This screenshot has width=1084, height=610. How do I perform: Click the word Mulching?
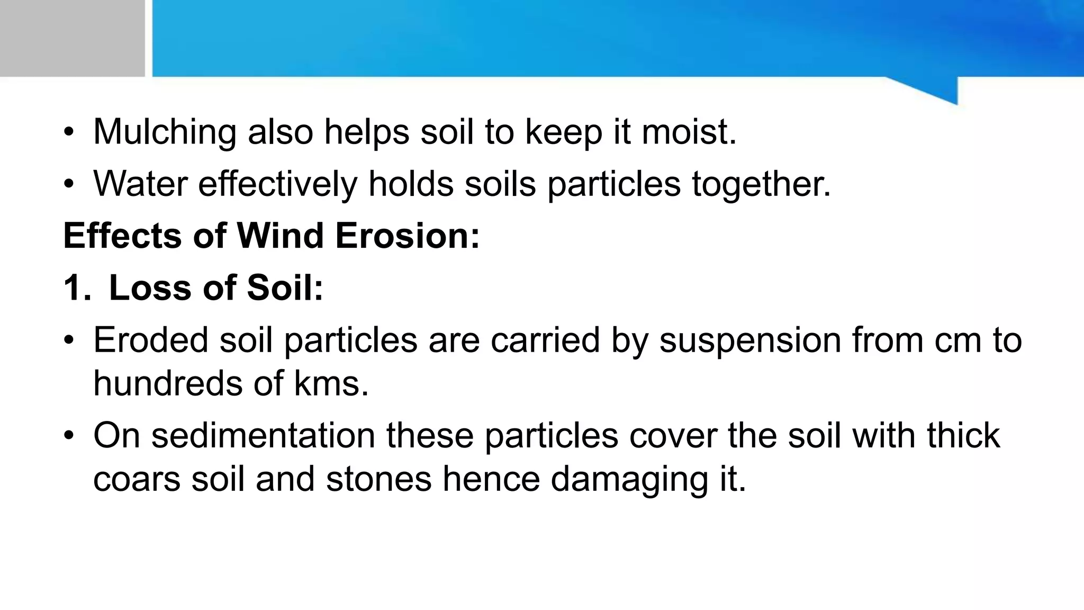(165, 132)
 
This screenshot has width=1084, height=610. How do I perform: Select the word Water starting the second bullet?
(140, 184)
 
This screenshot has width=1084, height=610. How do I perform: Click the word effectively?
(278, 184)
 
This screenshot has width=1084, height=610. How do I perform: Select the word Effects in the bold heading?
(122, 236)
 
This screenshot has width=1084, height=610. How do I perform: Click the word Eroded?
(151, 340)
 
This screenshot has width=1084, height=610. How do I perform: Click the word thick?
(963, 436)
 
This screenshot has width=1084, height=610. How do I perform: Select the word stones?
(379, 479)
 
